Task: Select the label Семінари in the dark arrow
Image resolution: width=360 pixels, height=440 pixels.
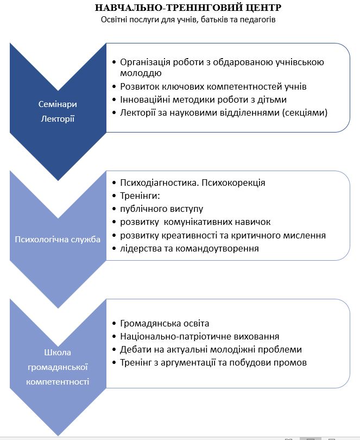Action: (x=57, y=105)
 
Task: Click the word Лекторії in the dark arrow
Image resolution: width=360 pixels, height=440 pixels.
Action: (x=57, y=118)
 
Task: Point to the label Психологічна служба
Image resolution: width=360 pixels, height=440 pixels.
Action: (x=58, y=240)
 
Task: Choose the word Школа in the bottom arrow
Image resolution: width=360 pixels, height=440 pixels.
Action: (x=58, y=353)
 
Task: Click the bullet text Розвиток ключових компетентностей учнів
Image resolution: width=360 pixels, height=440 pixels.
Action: (x=213, y=86)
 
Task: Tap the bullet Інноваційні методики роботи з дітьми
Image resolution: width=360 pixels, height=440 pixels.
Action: (x=203, y=99)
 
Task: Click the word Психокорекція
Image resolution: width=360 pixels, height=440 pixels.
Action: (x=233, y=183)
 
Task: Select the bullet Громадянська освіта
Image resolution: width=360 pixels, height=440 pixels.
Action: (x=165, y=323)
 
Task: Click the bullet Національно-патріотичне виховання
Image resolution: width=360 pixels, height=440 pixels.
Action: (x=200, y=336)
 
